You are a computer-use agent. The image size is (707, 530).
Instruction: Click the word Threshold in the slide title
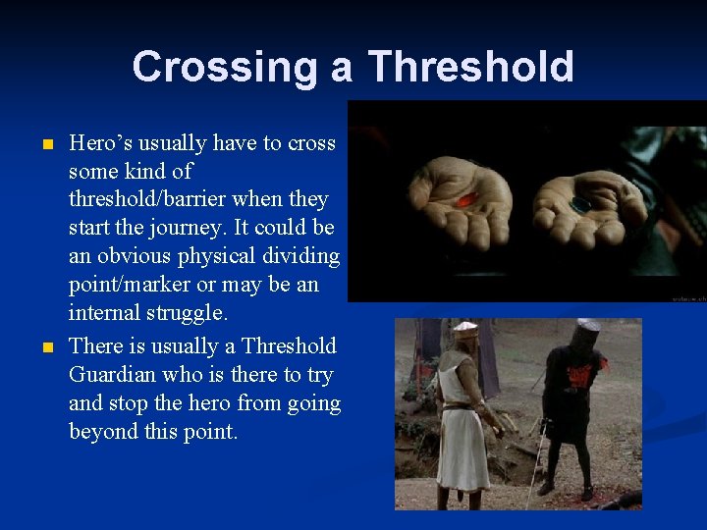[x=470, y=67]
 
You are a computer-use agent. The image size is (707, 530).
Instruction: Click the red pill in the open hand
[x=467, y=199]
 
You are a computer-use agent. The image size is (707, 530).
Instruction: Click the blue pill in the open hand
[x=580, y=205]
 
